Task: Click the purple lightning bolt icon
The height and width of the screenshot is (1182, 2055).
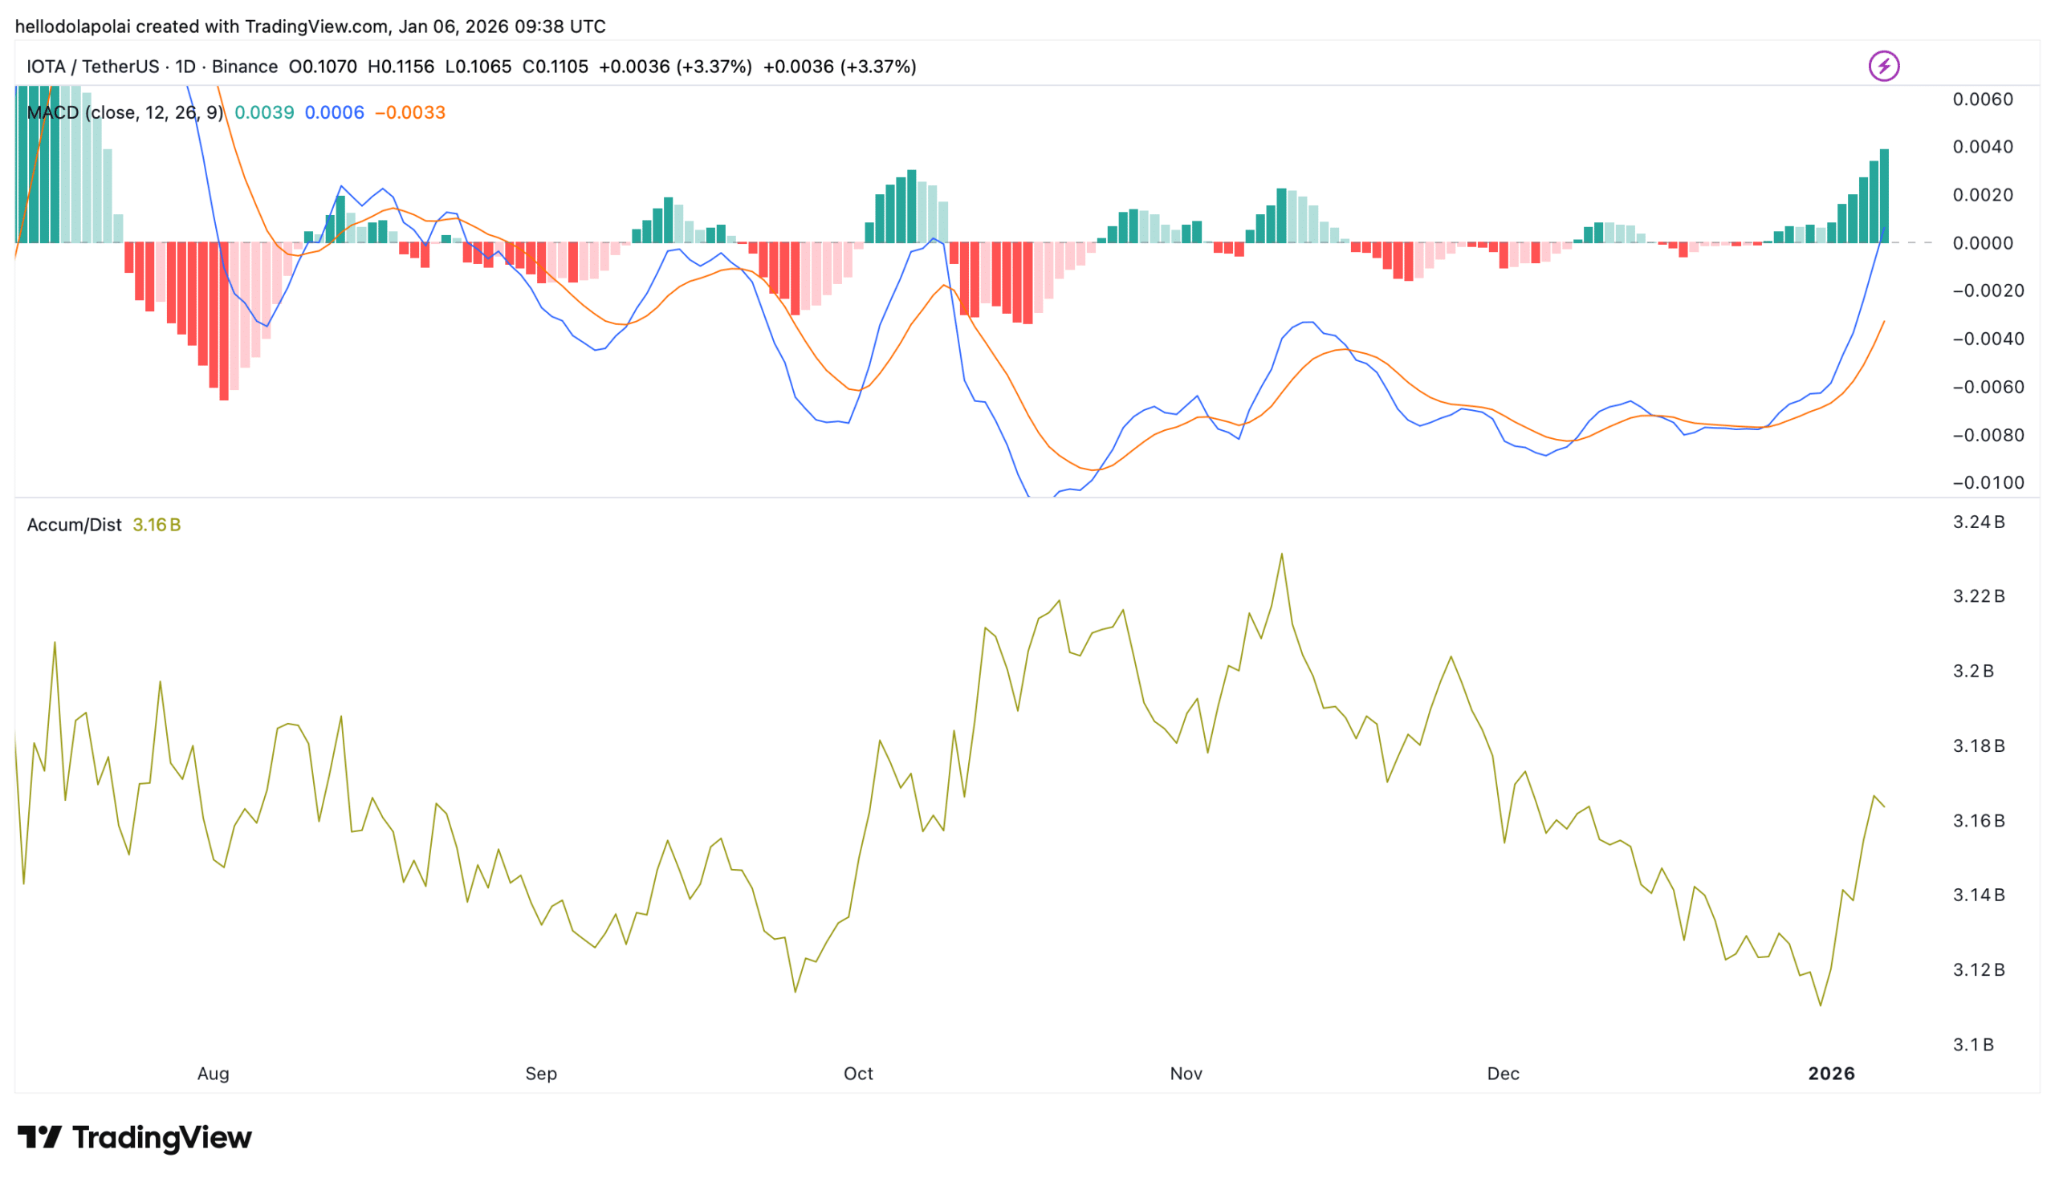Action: click(1883, 66)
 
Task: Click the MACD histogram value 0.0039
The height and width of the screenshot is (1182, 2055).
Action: click(264, 112)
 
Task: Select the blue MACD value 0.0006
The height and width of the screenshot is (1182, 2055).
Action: click(334, 112)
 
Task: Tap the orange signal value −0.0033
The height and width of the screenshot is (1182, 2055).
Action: click(410, 112)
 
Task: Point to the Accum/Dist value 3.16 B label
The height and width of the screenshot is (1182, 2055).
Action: click(156, 525)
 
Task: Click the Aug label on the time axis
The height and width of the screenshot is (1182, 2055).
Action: click(213, 1073)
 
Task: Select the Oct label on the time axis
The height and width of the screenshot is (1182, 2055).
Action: click(857, 1073)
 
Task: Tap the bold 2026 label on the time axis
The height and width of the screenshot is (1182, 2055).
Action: click(1831, 1073)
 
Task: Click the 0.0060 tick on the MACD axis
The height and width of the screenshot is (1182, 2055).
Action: click(1982, 99)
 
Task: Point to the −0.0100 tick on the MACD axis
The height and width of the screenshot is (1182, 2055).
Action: click(1987, 482)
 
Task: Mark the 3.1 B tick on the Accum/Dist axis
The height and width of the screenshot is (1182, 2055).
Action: click(1972, 1044)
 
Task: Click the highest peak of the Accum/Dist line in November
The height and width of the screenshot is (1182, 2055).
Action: click(1281, 554)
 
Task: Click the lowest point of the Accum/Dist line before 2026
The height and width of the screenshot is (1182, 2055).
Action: click(1821, 1005)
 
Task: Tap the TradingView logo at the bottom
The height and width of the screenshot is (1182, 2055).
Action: click(134, 1136)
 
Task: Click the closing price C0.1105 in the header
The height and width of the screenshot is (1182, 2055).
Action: click(555, 67)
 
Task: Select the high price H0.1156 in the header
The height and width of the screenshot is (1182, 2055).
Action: click(401, 67)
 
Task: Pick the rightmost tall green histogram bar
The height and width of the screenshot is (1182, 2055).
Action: click(1884, 196)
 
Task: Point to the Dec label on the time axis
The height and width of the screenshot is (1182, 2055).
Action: click(1502, 1073)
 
